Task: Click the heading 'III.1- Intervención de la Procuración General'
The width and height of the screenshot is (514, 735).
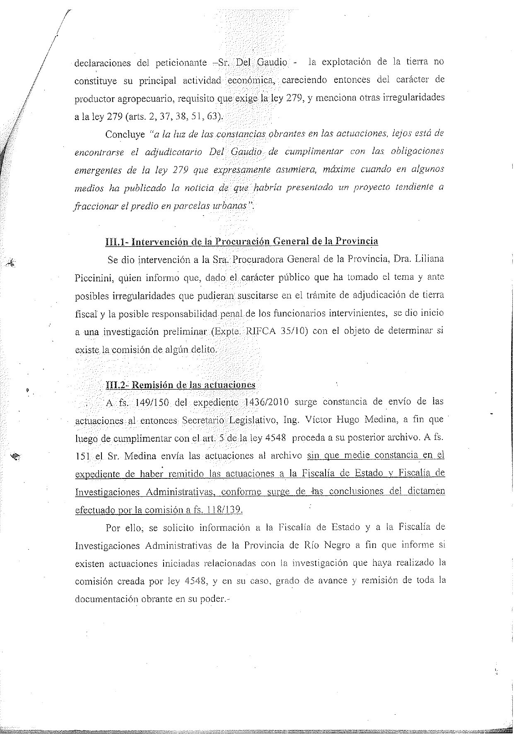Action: (242, 241)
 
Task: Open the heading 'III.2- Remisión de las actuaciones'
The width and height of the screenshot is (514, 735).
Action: (181, 384)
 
